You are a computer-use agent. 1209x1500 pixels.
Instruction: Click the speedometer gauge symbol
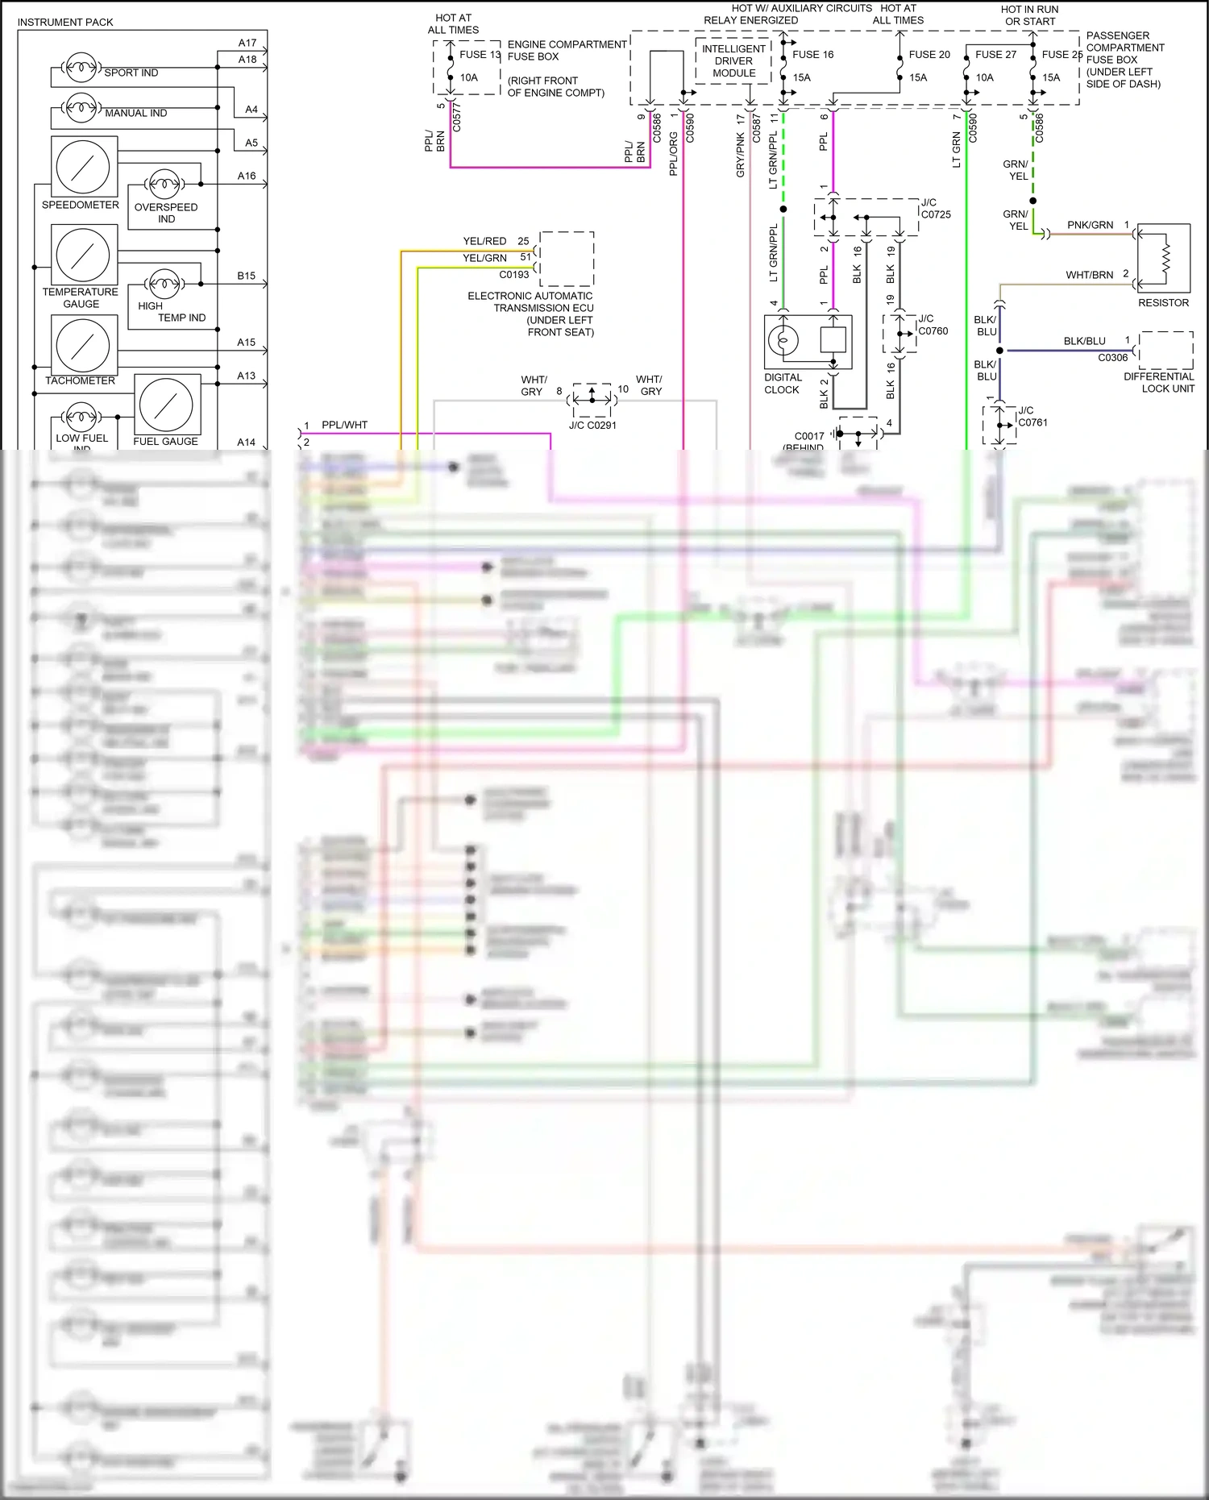84,167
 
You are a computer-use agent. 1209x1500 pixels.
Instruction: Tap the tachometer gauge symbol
84,344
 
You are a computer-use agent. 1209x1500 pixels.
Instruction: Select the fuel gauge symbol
167,405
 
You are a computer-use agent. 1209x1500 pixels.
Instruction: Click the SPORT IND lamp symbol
81,68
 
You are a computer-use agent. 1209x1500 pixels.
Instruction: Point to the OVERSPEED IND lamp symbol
164,185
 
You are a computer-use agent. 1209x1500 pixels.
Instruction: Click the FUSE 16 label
812,55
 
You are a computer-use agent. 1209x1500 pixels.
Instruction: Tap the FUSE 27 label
995,55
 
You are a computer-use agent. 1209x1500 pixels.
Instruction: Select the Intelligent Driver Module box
733,61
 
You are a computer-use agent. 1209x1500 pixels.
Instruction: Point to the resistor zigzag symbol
1164,259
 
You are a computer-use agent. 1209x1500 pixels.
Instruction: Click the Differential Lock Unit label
1159,382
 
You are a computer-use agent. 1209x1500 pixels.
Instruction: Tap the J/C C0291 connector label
592,425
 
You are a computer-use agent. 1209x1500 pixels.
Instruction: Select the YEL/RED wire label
484,241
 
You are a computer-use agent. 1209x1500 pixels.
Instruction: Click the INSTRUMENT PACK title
65,22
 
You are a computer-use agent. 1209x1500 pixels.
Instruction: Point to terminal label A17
247,43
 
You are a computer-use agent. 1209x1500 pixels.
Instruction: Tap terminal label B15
246,276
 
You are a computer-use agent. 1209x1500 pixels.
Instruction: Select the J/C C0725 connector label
936,209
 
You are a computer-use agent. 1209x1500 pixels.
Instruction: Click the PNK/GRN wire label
1090,225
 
